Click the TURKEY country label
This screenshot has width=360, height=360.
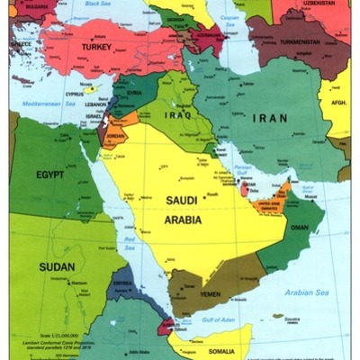[x=95, y=47]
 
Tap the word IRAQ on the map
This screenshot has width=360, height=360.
[x=178, y=115]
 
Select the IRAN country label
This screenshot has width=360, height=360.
[x=270, y=118]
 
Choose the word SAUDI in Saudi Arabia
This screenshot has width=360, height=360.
[x=184, y=201]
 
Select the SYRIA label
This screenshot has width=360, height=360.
[x=135, y=93]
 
